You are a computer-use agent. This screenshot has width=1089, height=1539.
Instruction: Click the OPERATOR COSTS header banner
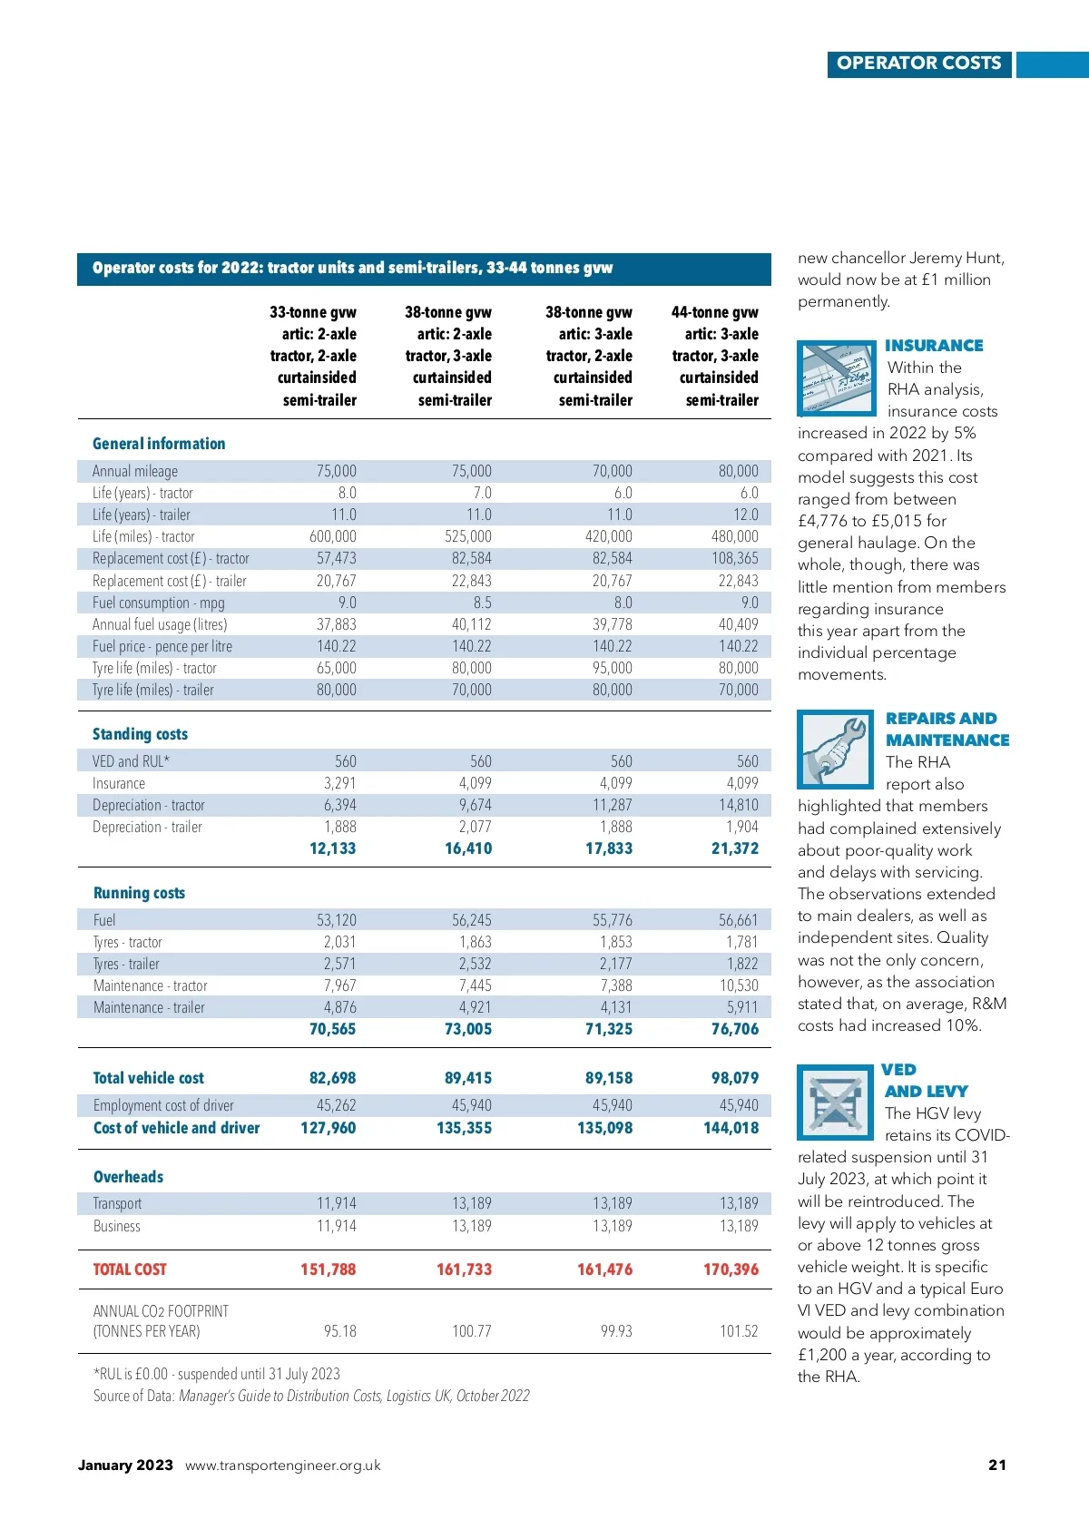(x=918, y=64)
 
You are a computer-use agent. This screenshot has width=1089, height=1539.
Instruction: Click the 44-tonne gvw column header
(x=715, y=356)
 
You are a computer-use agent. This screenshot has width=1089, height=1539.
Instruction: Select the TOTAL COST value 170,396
(x=731, y=1269)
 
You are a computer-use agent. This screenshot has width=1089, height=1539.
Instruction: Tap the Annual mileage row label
(x=135, y=471)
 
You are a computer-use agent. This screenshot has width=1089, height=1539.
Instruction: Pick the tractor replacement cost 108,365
(x=734, y=558)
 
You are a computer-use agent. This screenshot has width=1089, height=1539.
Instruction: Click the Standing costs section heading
(x=140, y=734)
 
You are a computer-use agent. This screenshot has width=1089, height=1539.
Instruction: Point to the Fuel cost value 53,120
(x=336, y=920)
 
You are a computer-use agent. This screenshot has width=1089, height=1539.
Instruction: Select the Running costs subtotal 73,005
(x=467, y=1029)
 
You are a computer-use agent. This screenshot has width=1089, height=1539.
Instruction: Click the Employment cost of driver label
(x=163, y=1105)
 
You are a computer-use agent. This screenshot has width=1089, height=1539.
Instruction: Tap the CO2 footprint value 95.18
(x=339, y=1331)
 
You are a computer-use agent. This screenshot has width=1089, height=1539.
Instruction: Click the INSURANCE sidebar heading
(x=934, y=346)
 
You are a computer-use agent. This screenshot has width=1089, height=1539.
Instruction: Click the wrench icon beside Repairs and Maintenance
(x=834, y=749)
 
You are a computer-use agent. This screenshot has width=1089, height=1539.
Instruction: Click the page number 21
(x=996, y=1465)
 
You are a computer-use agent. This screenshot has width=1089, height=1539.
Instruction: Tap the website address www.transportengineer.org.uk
(x=282, y=1465)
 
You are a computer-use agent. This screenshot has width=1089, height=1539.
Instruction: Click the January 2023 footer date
(x=125, y=1465)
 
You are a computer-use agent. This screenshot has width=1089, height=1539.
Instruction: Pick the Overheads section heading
(x=128, y=1177)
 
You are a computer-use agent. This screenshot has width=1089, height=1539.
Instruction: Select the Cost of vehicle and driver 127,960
(x=328, y=1128)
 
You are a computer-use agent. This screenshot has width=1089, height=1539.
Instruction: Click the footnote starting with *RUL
(x=216, y=1374)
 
